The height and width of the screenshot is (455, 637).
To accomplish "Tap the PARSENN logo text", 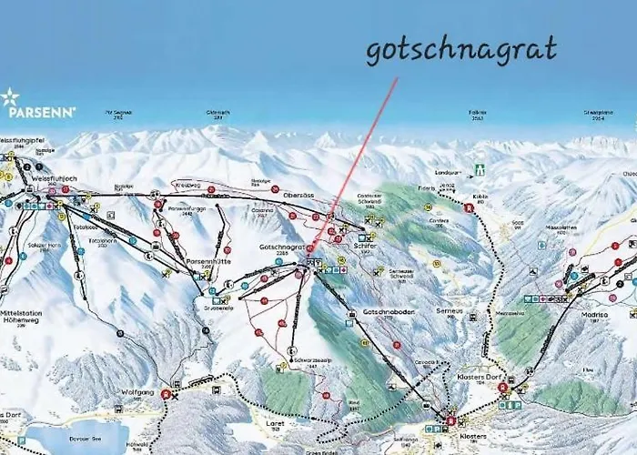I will coord(42,113).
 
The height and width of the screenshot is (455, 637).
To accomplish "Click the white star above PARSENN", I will coord(10,96).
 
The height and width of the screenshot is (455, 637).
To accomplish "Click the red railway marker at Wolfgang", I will coord(166,395).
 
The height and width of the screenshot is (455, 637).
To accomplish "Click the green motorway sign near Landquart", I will coord(480,169).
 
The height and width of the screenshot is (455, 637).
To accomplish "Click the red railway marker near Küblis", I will coord(469,207).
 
